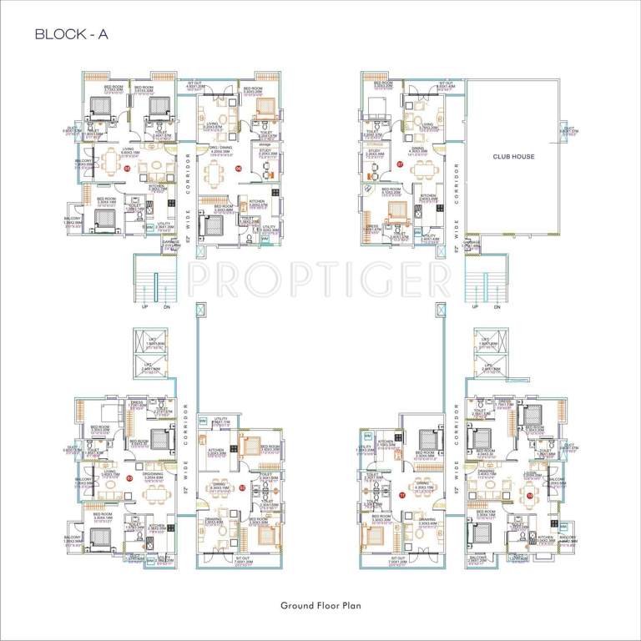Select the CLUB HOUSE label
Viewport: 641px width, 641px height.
tap(513, 156)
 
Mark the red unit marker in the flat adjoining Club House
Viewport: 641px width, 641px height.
tap(401, 165)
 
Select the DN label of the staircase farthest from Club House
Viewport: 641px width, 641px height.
tap(166, 306)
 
